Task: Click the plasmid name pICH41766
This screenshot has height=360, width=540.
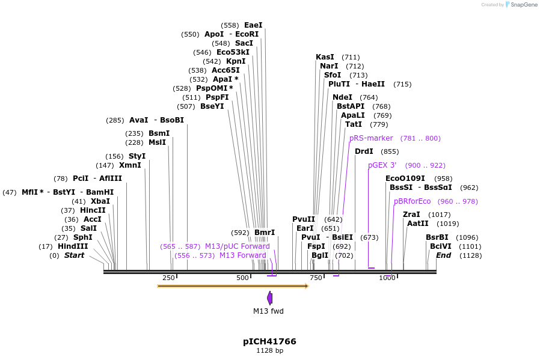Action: [x=269, y=341]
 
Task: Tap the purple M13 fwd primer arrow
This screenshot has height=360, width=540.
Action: [x=269, y=297]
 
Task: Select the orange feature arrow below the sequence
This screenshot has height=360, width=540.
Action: [x=233, y=286]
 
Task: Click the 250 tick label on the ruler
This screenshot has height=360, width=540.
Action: [x=169, y=278]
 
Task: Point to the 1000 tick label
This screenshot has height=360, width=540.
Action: [x=387, y=278]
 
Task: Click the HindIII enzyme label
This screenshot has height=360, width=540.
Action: [x=73, y=246]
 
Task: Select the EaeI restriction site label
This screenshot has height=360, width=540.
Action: [x=253, y=25]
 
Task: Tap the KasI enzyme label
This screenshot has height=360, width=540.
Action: [x=325, y=57]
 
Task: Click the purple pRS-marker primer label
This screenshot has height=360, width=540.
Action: [x=371, y=138]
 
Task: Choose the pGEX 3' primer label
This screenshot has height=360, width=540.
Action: [x=382, y=165]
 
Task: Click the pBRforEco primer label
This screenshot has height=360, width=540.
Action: [x=412, y=201]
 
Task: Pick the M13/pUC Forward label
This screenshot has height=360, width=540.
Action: [x=237, y=246]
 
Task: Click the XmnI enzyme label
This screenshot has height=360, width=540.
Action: [x=130, y=165]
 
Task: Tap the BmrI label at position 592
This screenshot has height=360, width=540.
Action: [x=265, y=233]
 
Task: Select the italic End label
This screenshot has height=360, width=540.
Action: [x=443, y=255]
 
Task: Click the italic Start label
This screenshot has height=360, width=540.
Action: [x=75, y=255]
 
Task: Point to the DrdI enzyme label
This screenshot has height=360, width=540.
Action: [x=364, y=151]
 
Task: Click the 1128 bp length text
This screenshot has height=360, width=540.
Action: [x=269, y=350]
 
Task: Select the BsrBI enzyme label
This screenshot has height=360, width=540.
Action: [x=437, y=237]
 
